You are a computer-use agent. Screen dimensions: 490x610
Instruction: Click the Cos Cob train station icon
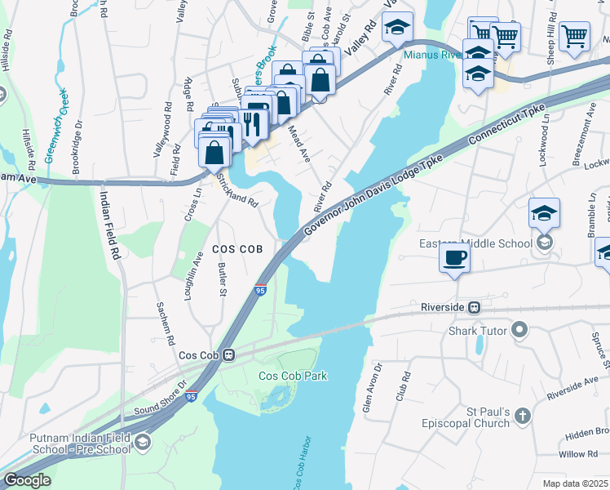tap(230, 355)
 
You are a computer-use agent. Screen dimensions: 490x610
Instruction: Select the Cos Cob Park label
tap(293, 376)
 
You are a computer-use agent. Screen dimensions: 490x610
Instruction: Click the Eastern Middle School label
tap(475, 243)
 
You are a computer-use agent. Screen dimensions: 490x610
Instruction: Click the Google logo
tap(27, 480)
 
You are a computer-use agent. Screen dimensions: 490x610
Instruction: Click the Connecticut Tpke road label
tap(507, 127)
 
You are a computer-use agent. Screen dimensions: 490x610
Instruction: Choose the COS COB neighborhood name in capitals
tap(237, 249)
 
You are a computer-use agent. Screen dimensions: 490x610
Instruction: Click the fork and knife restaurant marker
tap(252, 123)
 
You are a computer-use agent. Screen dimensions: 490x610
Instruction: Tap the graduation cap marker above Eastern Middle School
tap(544, 214)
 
